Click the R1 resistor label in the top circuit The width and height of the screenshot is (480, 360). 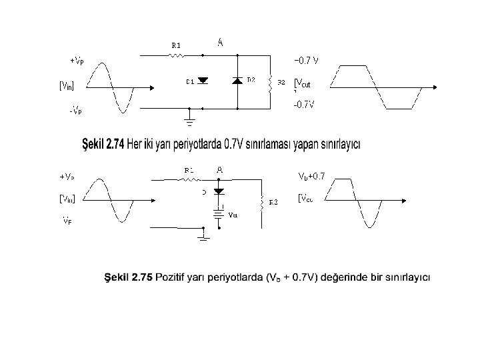coord(176,45)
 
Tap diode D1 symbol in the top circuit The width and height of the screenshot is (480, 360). coord(203,81)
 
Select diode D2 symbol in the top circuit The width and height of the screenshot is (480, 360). coord(237,81)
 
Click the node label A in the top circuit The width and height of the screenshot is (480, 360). coord(220,42)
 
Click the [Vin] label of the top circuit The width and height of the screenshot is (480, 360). coord(67,85)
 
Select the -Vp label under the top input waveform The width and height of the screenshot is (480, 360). coord(75,111)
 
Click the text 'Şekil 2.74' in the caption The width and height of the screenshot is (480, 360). coord(103,144)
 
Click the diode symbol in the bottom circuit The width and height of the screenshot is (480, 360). coord(218,191)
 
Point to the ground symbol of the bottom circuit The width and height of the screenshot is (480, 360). coord(203,237)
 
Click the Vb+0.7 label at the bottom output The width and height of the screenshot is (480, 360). coord(311,177)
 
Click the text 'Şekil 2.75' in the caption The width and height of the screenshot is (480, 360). coord(128,277)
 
